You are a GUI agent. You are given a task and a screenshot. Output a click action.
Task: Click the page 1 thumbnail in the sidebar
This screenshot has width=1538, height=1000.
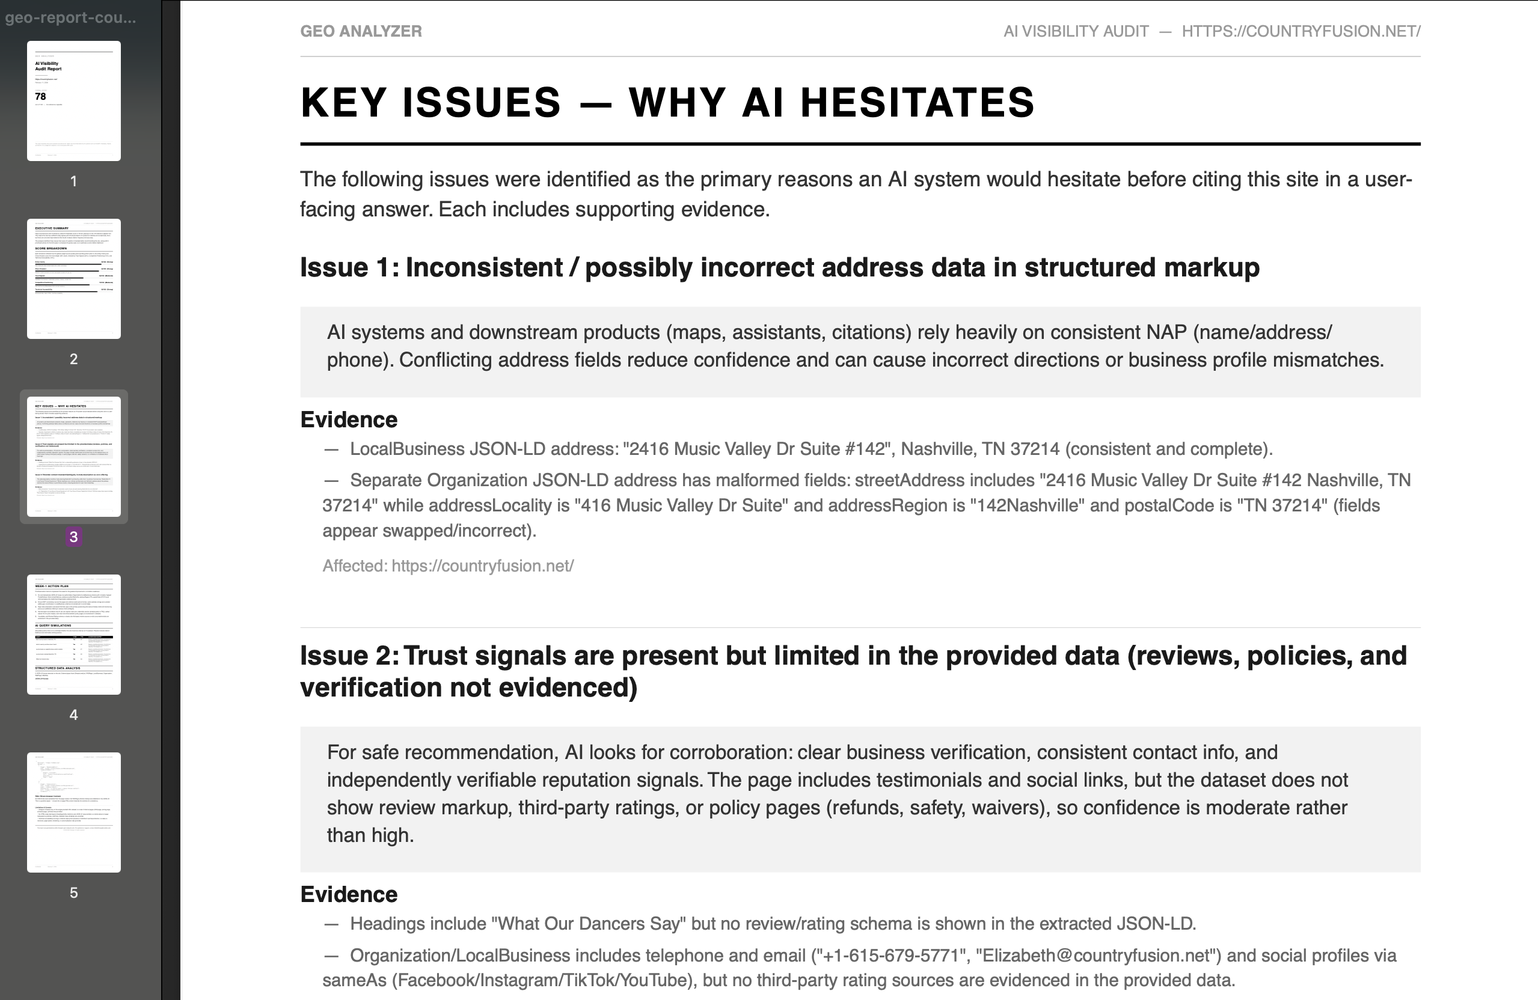point(74,101)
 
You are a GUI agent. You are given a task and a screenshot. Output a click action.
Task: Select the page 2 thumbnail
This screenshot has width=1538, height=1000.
point(74,278)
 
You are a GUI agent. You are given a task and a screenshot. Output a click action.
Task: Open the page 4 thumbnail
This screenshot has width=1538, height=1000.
point(74,635)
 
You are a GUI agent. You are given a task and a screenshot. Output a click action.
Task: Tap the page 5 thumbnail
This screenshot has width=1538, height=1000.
point(74,812)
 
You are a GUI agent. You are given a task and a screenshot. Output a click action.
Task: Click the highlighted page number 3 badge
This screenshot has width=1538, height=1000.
point(74,537)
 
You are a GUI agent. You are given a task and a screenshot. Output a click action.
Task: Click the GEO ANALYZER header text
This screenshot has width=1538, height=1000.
point(361,31)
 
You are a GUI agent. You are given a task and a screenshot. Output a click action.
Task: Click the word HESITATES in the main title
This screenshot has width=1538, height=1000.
point(917,103)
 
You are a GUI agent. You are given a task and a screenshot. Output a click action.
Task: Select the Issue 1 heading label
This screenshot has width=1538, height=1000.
point(349,267)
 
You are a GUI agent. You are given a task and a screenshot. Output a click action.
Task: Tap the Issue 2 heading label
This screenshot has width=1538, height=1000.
point(349,656)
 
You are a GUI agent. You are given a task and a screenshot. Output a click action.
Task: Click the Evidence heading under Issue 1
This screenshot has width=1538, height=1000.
point(349,420)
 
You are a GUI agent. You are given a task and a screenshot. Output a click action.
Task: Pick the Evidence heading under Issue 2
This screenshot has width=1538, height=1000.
point(349,895)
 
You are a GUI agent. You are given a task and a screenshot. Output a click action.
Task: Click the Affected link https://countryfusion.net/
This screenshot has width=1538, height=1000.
point(482,566)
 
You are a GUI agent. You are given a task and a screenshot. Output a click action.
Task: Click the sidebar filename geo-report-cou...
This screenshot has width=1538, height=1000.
point(70,17)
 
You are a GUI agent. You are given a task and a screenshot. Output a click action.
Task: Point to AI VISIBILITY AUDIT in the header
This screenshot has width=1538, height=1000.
point(1076,31)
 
